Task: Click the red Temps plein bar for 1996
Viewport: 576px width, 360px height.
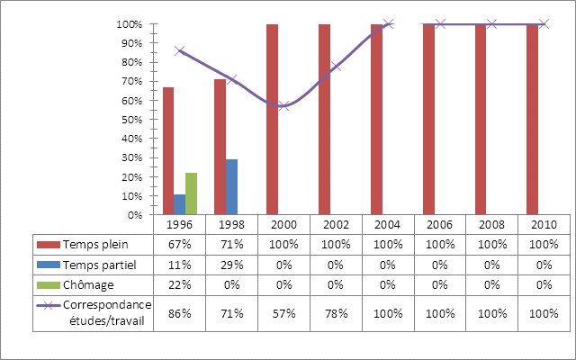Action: [x=168, y=151]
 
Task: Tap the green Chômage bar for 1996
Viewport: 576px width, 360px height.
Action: [x=191, y=193]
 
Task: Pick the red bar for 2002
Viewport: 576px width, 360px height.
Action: [x=324, y=120]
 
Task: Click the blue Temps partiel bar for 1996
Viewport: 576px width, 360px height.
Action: [x=179, y=204]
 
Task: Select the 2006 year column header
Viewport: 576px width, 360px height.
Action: [x=440, y=223]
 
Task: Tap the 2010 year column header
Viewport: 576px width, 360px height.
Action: [x=544, y=223]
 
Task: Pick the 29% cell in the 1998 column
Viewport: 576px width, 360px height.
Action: [x=231, y=264]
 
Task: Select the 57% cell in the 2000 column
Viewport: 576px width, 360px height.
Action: [x=283, y=311]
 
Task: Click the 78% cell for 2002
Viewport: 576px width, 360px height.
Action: [x=336, y=311]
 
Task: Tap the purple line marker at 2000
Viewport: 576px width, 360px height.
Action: [x=283, y=106]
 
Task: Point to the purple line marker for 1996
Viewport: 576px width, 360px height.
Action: [x=179, y=51]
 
